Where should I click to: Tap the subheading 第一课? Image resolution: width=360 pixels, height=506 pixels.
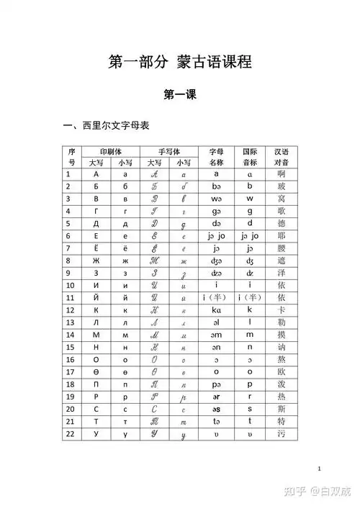tap(180, 94)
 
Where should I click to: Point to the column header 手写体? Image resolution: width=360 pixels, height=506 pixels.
tap(168, 151)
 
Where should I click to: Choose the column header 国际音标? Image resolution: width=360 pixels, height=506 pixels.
tap(250, 157)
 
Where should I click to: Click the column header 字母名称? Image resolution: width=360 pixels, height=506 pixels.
tap(216, 157)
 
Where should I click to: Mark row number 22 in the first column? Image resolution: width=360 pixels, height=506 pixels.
tap(69, 434)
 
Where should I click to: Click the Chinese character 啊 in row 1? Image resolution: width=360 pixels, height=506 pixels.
tap(282, 173)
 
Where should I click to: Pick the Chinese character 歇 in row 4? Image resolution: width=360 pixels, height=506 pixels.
tap(282, 211)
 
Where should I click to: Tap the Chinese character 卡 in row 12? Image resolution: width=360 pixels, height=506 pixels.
tap(282, 310)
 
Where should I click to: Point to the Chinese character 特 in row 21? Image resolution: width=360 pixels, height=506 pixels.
tap(282, 421)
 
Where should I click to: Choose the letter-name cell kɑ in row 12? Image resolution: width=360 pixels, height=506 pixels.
tap(216, 310)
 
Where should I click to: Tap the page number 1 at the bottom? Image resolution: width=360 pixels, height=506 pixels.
tap(318, 469)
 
